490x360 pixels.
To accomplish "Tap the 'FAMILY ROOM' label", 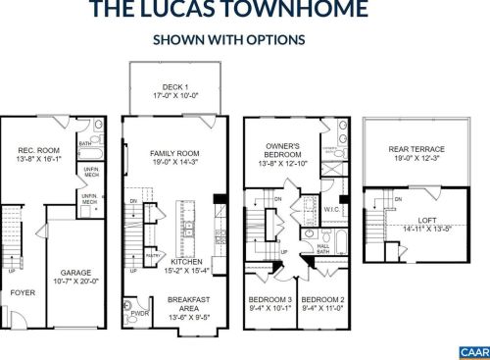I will pos(176,154).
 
